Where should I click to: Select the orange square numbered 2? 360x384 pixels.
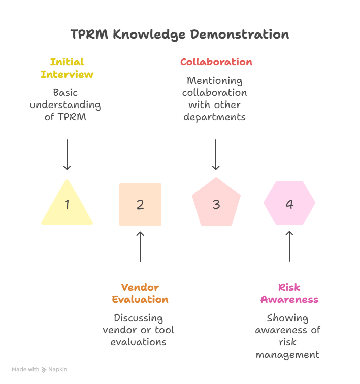point(140,204)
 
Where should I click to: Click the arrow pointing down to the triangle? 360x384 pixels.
point(67,155)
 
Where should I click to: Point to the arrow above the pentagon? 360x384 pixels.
point(216,155)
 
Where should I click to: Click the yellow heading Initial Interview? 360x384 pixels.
point(67,68)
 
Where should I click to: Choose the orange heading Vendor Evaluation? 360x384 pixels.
point(140,294)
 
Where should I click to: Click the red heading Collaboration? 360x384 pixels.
point(216,62)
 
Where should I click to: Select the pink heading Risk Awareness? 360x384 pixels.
point(289,294)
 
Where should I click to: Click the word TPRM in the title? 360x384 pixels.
point(89,34)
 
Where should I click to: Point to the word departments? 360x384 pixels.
point(215,117)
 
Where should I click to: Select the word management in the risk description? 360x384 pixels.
point(288,355)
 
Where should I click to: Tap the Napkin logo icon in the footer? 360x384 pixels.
point(44,370)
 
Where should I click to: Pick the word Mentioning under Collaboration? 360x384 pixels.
point(215,81)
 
